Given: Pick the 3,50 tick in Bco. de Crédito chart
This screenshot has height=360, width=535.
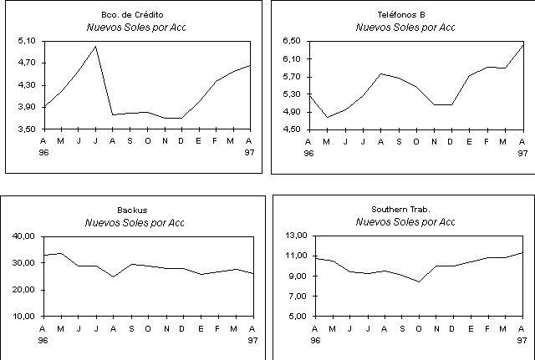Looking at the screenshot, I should click(26, 129).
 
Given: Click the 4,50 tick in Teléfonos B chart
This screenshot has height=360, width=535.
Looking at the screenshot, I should click(293, 129).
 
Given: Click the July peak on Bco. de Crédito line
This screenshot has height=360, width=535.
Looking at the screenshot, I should click(96, 46).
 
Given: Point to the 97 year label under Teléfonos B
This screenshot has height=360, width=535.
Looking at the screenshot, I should click(522, 154).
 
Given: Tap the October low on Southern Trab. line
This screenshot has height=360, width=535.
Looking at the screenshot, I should click(419, 282).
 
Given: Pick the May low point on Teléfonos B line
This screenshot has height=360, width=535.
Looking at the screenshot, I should click(328, 117).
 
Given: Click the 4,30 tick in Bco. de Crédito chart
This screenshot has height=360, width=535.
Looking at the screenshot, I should click(26, 85).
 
